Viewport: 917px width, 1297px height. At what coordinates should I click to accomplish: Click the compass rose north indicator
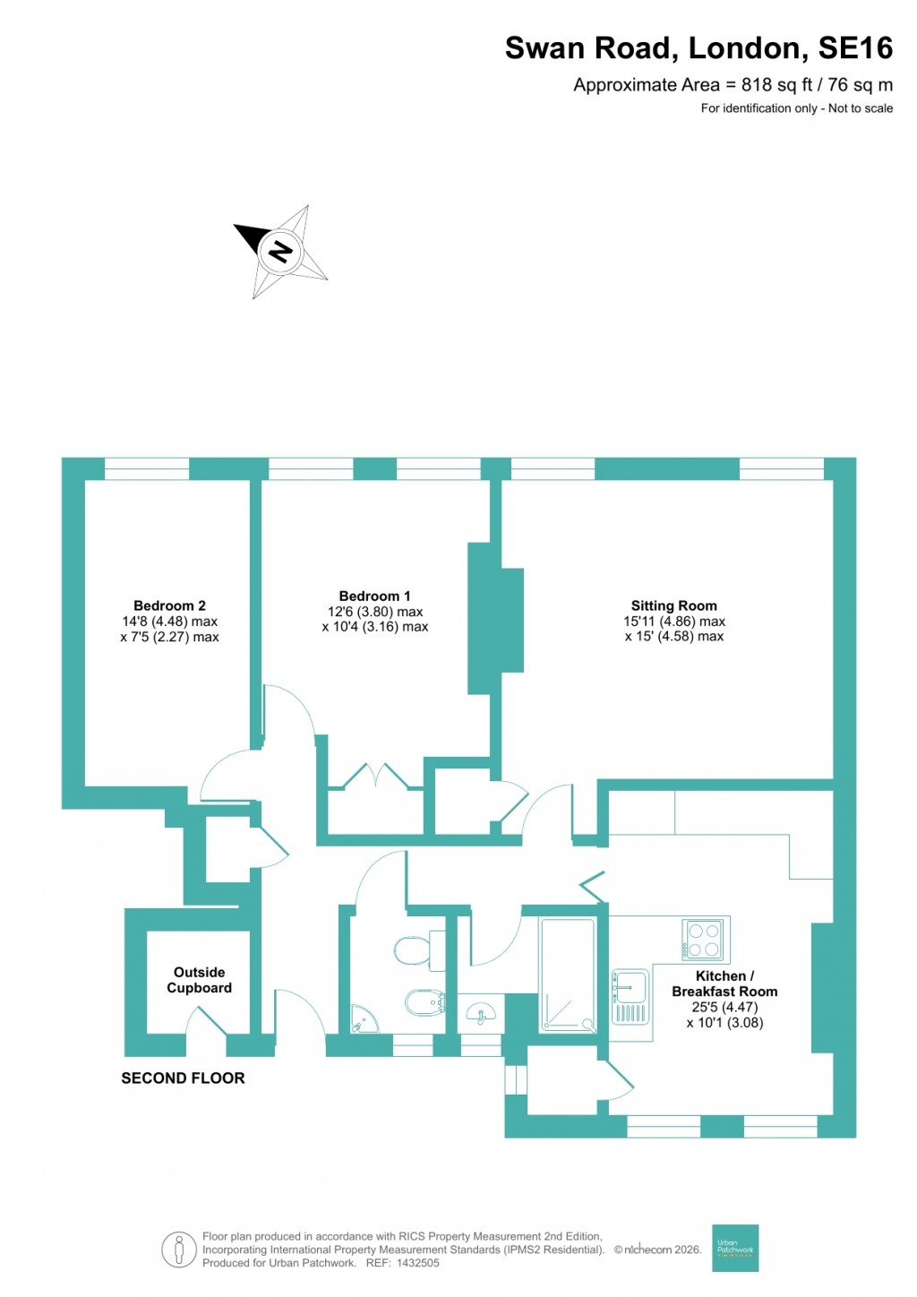pyautogui.click(x=281, y=251)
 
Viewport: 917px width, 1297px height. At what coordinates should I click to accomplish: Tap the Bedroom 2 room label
pyautogui.click(x=169, y=606)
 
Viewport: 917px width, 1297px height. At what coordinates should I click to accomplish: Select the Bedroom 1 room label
pyautogui.click(x=374, y=597)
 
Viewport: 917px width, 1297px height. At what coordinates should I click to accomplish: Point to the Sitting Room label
pyautogui.click(x=673, y=606)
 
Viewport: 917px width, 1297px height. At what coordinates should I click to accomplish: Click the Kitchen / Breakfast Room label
pyautogui.click(x=724, y=983)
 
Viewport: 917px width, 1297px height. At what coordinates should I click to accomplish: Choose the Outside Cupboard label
pyautogui.click(x=199, y=980)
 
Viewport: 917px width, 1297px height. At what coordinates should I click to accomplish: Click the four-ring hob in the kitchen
pyautogui.click(x=703, y=940)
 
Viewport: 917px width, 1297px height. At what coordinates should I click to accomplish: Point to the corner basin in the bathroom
pyautogui.click(x=362, y=1018)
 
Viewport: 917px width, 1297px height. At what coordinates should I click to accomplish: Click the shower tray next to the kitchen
pyautogui.click(x=567, y=975)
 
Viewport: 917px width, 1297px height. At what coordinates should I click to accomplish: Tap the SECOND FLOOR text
pyautogui.click(x=183, y=1078)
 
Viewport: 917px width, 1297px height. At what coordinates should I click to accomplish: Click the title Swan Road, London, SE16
pyautogui.click(x=698, y=48)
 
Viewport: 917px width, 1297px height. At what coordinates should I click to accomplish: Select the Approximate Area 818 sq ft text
pyautogui.click(x=733, y=85)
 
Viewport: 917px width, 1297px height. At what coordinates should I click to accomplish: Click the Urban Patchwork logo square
pyautogui.click(x=735, y=1248)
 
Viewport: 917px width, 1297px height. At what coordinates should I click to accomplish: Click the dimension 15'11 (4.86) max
pyautogui.click(x=674, y=622)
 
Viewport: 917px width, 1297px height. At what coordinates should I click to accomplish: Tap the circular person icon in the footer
pyautogui.click(x=179, y=1250)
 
